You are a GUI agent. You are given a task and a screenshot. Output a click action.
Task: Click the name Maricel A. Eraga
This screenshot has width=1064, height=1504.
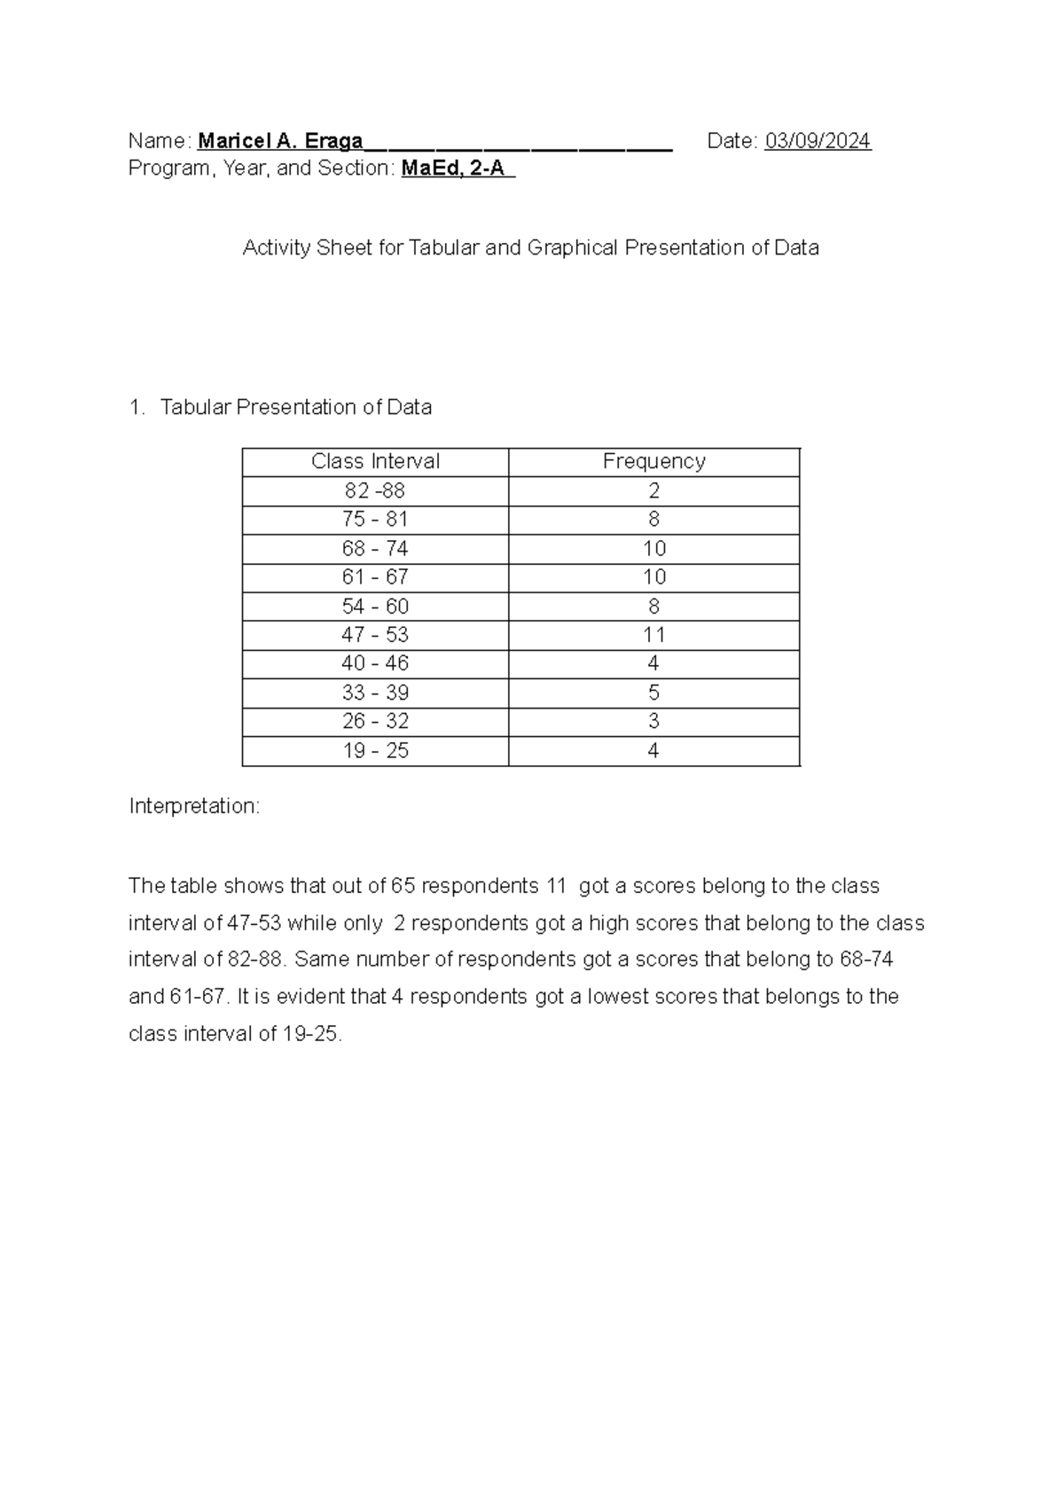[280, 141]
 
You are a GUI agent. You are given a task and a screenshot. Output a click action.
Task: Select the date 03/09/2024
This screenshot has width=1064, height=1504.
[818, 141]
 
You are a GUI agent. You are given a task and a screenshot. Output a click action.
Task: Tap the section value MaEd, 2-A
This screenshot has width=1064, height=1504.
[456, 168]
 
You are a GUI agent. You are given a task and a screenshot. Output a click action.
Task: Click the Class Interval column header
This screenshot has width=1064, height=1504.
[375, 462]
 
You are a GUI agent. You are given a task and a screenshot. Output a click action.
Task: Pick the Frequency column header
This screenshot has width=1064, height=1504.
[653, 462]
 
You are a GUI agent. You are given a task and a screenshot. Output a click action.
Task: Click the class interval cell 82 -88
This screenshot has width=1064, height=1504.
[375, 491]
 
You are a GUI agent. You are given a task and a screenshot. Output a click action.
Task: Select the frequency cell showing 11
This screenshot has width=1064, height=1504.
[653, 635]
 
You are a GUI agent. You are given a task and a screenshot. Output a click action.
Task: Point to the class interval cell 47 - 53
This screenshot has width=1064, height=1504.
[375, 635]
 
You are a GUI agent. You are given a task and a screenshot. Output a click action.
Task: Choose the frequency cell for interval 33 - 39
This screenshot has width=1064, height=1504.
[653, 693]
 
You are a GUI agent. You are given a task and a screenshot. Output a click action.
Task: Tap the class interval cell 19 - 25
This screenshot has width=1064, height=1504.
[375, 751]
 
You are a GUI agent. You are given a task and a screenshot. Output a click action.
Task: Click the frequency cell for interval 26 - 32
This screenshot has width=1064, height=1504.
[653, 722]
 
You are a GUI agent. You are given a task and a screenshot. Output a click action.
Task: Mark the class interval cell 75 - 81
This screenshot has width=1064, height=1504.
[375, 520]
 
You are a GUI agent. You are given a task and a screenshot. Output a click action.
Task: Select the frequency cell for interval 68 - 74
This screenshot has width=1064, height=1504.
[653, 549]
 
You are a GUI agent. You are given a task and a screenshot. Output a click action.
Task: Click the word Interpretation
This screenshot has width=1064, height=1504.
[194, 806]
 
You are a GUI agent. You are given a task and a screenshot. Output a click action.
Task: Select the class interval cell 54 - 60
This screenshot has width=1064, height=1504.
[375, 607]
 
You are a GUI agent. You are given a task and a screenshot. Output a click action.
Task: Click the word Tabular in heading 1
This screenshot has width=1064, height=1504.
[195, 408]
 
